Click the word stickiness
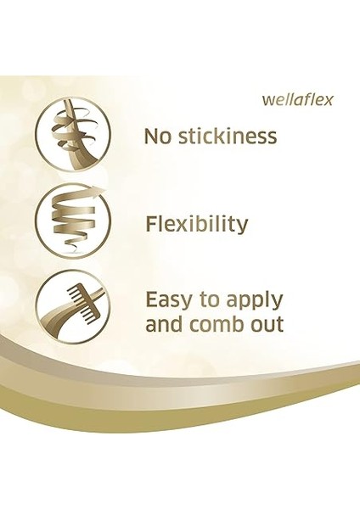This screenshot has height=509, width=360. coord(228,136)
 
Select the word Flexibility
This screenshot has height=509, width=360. coord(196,225)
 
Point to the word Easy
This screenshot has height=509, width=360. coord(172,300)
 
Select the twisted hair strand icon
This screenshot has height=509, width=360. coord(72,135)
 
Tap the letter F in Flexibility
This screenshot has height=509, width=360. coord(151,224)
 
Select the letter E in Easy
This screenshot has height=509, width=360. coord(152,299)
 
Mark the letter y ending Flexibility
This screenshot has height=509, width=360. coord(242,228)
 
